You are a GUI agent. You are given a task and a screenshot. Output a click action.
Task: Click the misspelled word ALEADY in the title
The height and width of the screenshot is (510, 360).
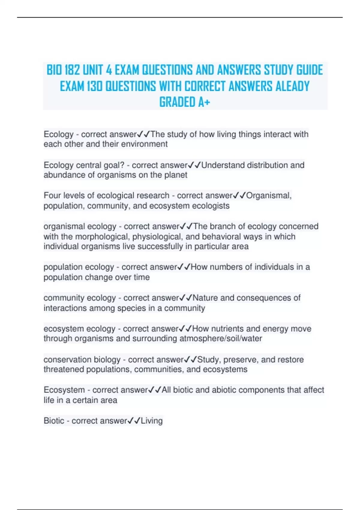point(292,86)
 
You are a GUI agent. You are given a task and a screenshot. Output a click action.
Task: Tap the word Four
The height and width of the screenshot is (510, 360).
point(52,196)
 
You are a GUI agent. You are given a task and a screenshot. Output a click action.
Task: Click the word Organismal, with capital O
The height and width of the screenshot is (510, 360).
point(269,196)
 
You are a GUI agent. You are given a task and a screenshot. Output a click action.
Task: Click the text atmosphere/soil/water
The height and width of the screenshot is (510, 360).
point(220,339)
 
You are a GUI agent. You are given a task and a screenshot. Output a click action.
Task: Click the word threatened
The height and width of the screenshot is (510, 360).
point(64,369)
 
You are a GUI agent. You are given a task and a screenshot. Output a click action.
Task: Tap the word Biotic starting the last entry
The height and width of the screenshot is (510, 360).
point(54,421)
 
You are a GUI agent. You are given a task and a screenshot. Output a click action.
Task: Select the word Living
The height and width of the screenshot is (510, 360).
point(151,421)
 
